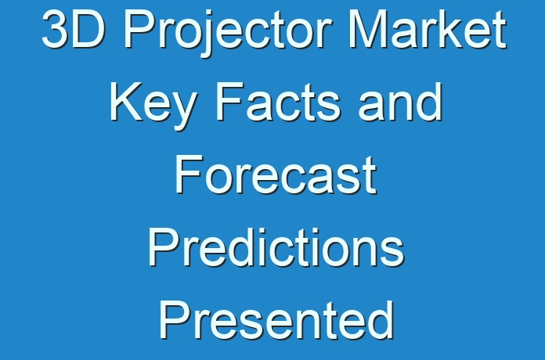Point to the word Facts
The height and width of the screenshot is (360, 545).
278,102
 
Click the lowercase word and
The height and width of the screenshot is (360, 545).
400,102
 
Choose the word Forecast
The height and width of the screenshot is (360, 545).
276,175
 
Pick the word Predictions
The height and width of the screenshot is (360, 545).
276,247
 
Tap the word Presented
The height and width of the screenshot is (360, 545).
276,320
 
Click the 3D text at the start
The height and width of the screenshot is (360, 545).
73,29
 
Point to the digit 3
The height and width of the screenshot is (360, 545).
56,29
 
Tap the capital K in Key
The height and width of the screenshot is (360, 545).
127,102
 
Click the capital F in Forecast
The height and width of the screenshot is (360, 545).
189,175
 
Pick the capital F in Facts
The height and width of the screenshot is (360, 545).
230,102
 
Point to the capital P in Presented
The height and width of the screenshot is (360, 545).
175,319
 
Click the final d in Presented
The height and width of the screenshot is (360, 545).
380,320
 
